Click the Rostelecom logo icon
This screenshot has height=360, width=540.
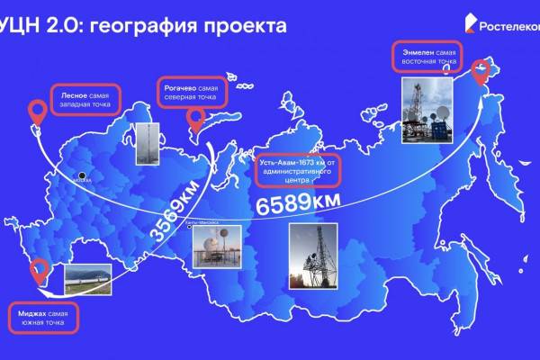472,23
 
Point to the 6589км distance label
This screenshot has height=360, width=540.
295,204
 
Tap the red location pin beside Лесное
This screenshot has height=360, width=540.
37,112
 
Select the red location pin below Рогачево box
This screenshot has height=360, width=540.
195,120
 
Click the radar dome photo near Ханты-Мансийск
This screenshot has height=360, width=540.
216,246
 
